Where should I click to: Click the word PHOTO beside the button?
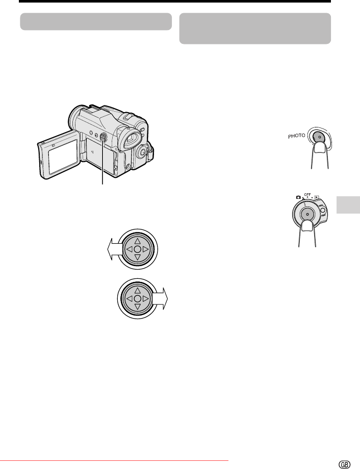point(297,136)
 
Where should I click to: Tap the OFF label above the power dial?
point(307,195)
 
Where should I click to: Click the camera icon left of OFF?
point(298,197)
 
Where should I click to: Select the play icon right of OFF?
point(317,197)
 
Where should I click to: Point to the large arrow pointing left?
point(115,249)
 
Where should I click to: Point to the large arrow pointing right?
point(160,299)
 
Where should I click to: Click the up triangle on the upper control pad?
point(137,241)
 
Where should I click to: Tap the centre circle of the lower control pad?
point(137,299)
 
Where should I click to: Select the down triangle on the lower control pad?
point(137,306)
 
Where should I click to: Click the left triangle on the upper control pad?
point(130,249)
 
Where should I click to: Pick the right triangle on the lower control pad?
point(145,299)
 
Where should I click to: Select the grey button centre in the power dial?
point(307,215)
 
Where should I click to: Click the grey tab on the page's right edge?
point(348,204)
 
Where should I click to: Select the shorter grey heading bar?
point(96,21)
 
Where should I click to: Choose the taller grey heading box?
point(255,29)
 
